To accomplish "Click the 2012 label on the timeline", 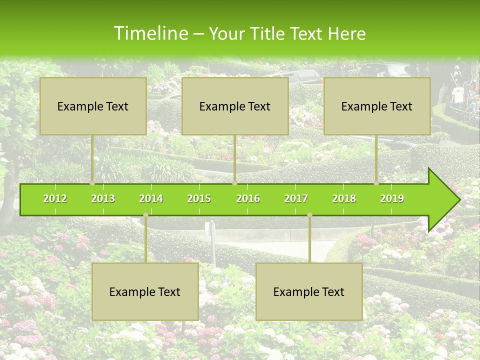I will click(55, 198).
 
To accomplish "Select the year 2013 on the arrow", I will click(103, 198).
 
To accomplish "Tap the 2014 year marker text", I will click(151, 198).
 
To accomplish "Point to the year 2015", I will click(199, 198).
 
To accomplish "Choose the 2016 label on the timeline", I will click(248, 198).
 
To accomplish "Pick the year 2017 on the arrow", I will click(296, 198).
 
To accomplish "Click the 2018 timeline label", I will click(344, 198).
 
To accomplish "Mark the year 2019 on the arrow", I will click(392, 198).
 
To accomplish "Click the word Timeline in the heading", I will click(149, 33).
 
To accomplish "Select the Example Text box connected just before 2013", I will click(93, 106).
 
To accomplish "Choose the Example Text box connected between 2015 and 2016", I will click(235, 106).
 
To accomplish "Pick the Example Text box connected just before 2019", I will click(377, 106).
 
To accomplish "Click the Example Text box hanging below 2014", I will click(145, 291).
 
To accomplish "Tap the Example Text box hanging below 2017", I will click(309, 291).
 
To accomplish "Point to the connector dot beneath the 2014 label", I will click(145, 215).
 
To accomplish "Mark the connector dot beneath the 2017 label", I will click(309, 215).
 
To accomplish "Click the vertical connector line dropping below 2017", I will click(309, 240).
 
